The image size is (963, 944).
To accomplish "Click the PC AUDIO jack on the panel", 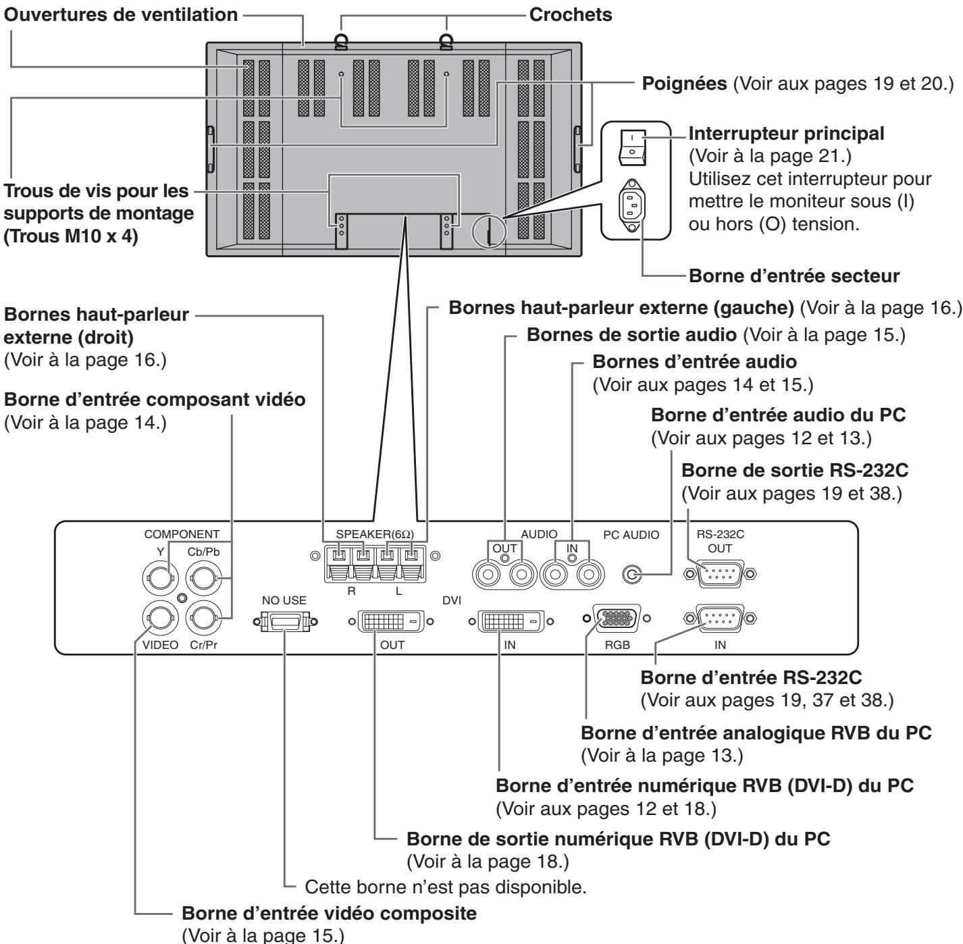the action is (x=632, y=575).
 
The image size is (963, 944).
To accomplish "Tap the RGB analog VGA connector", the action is (x=617, y=619).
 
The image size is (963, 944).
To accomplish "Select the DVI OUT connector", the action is (x=391, y=622).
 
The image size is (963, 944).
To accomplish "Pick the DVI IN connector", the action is (x=511, y=622).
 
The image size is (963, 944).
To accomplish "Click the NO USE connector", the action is (x=285, y=622).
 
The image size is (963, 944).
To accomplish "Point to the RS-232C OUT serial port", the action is (x=720, y=574).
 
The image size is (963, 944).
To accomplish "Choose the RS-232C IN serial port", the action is (x=720, y=619).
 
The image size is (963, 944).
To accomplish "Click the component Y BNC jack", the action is (x=161, y=578).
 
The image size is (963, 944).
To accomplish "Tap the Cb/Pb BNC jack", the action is (x=203, y=578).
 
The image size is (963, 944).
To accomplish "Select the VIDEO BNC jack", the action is (x=161, y=619).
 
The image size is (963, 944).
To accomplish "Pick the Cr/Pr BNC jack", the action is (x=203, y=619).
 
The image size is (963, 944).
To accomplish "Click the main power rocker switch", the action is (x=632, y=147).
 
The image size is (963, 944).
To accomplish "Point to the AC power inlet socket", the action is (x=632, y=205).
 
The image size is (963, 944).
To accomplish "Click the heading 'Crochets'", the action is (x=571, y=14).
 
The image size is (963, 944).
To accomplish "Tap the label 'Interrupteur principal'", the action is (x=786, y=134).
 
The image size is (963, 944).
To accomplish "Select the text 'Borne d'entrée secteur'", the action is (x=794, y=276).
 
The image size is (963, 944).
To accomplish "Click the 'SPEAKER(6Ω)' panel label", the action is (x=375, y=533).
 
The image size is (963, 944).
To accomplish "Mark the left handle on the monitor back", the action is (x=211, y=149).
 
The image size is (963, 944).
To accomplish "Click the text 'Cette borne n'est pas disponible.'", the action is (x=446, y=887).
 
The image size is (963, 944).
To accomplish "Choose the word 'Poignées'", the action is (x=684, y=84).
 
